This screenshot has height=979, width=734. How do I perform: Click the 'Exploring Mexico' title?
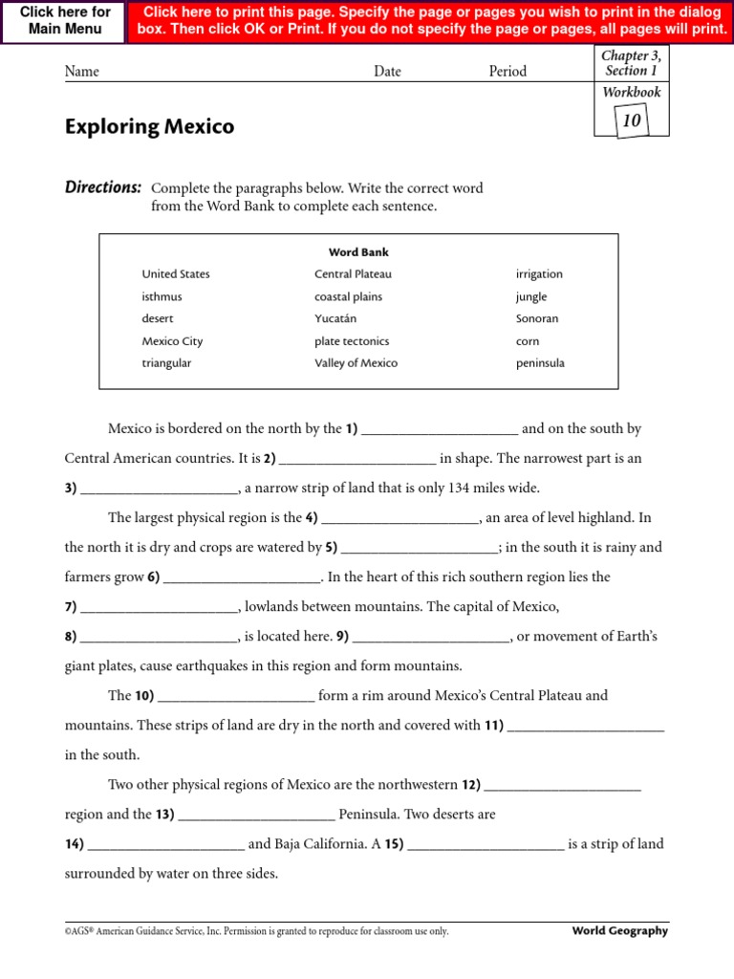pos(149,127)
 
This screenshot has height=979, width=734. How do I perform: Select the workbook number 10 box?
pos(631,120)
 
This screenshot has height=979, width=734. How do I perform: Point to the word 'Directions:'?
pos(103,187)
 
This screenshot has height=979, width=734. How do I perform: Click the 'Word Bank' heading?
pos(358,252)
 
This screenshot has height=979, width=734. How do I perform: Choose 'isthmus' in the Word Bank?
pos(162,296)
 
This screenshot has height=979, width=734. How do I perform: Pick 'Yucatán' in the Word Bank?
pos(335,318)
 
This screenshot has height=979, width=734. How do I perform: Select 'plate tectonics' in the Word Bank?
pos(352,341)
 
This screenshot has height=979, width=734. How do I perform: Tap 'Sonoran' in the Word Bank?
pos(537,318)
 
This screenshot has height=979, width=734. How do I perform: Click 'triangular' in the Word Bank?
pos(166,363)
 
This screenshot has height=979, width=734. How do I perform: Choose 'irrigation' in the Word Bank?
pos(539,274)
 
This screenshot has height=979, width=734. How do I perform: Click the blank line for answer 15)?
pos(486,846)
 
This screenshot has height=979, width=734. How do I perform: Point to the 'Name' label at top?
pos(81,72)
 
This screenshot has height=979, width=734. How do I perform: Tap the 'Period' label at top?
pos(507,72)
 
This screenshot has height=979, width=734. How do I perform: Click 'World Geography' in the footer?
pos(620,931)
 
